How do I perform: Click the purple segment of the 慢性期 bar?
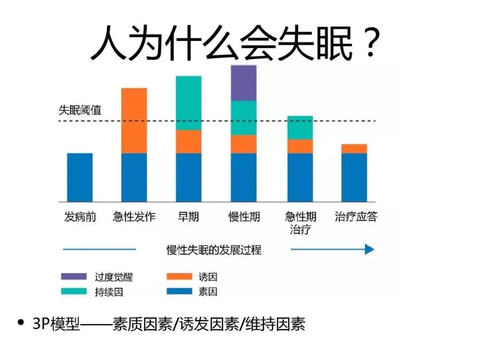pyautogui.click(x=244, y=83)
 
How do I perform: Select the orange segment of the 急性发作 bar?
pyautogui.click(x=134, y=120)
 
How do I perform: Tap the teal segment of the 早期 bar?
pyautogui.click(x=188, y=103)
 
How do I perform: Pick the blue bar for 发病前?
pyautogui.click(x=80, y=177)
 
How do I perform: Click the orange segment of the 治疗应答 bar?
pyautogui.click(x=354, y=148)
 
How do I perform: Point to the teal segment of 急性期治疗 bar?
pyautogui.click(x=300, y=128)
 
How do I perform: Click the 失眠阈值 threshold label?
pyautogui.click(x=80, y=110)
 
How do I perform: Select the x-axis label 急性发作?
pyautogui.click(x=134, y=217)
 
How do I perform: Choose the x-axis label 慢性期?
pyautogui.click(x=244, y=217)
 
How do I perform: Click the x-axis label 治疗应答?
pyautogui.click(x=356, y=217)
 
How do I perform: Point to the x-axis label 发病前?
pyautogui.click(x=80, y=217)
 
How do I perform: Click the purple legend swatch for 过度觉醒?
pyautogui.click(x=74, y=277)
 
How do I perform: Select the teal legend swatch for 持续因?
pyautogui.click(x=74, y=292)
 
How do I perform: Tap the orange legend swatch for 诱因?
pyautogui.click(x=179, y=277)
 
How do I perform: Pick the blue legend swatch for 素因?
pyautogui.click(x=179, y=292)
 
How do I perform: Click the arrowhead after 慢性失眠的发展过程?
pyautogui.click(x=369, y=249)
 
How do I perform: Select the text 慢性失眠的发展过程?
pyautogui.click(x=214, y=250)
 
